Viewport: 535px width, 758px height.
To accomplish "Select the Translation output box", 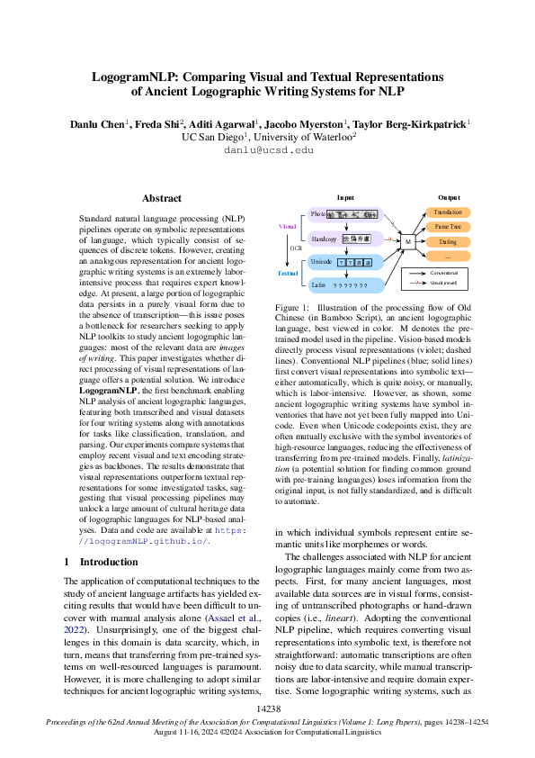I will [447, 212].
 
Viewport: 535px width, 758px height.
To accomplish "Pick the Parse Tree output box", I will [447, 227].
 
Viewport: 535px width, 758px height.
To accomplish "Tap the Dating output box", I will [447, 242].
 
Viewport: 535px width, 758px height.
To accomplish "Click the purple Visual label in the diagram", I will [288, 226].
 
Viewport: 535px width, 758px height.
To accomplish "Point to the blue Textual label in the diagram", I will [288, 272].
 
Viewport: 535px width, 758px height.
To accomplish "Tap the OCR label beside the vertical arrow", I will [294, 248].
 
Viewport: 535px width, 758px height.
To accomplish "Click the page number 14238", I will [268, 709].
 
